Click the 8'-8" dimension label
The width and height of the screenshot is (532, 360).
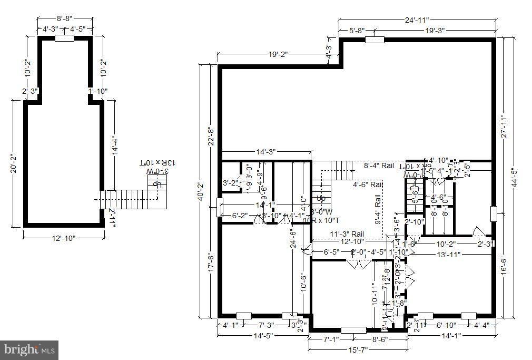pyautogui.click(x=65, y=17)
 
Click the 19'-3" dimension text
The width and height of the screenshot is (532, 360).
pyautogui.click(x=435, y=31)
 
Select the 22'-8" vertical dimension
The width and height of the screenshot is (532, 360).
pyautogui.click(x=210, y=135)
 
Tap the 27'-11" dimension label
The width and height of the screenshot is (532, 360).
pyautogui.click(x=504, y=127)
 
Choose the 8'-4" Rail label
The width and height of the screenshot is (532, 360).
pyautogui.click(x=379, y=166)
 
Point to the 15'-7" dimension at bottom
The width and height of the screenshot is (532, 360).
pyautogui.click(x=358, y=349)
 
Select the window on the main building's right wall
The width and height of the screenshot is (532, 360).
pyautogui.click(x=494, y=213)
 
